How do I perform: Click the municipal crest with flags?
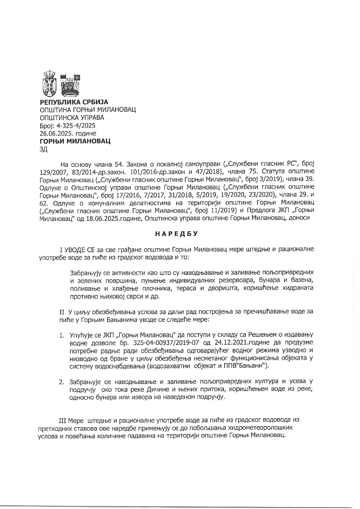[70, 84]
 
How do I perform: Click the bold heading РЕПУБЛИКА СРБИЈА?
[74, 102]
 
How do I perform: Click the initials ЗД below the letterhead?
[43, 149]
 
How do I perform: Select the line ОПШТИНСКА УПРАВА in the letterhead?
[71, 118]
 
